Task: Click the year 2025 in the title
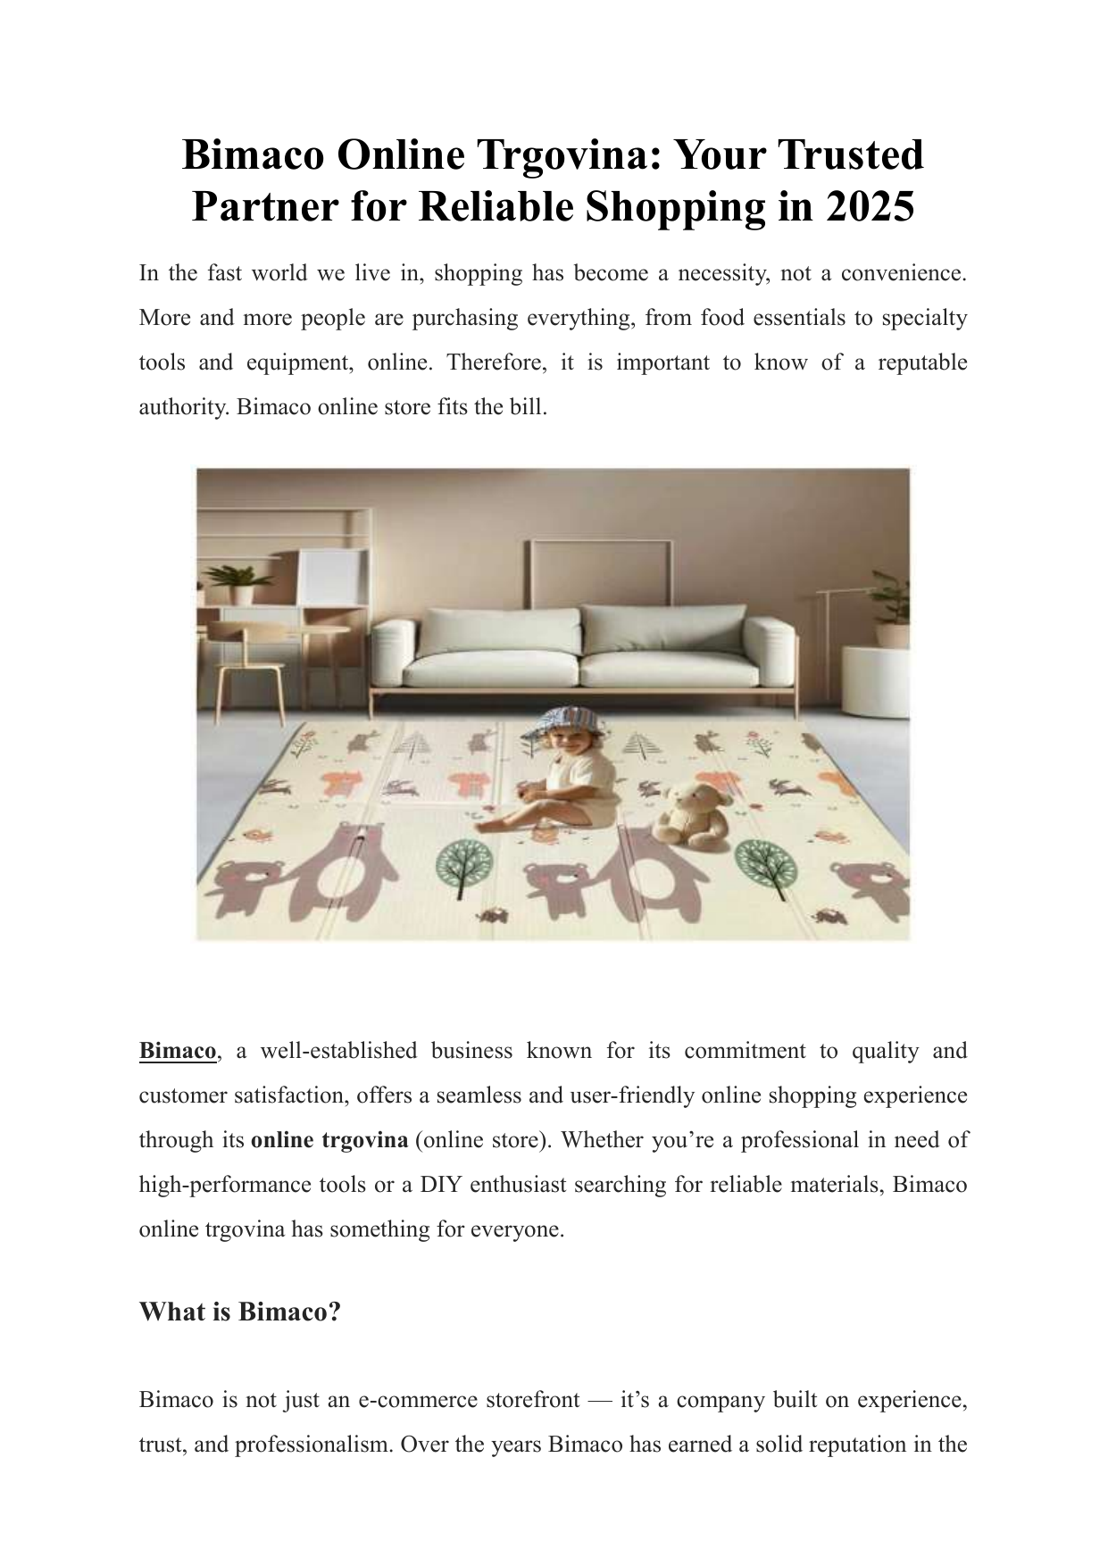point(871,207)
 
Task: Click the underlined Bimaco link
point(178,1051)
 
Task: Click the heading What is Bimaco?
point(240,1312)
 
